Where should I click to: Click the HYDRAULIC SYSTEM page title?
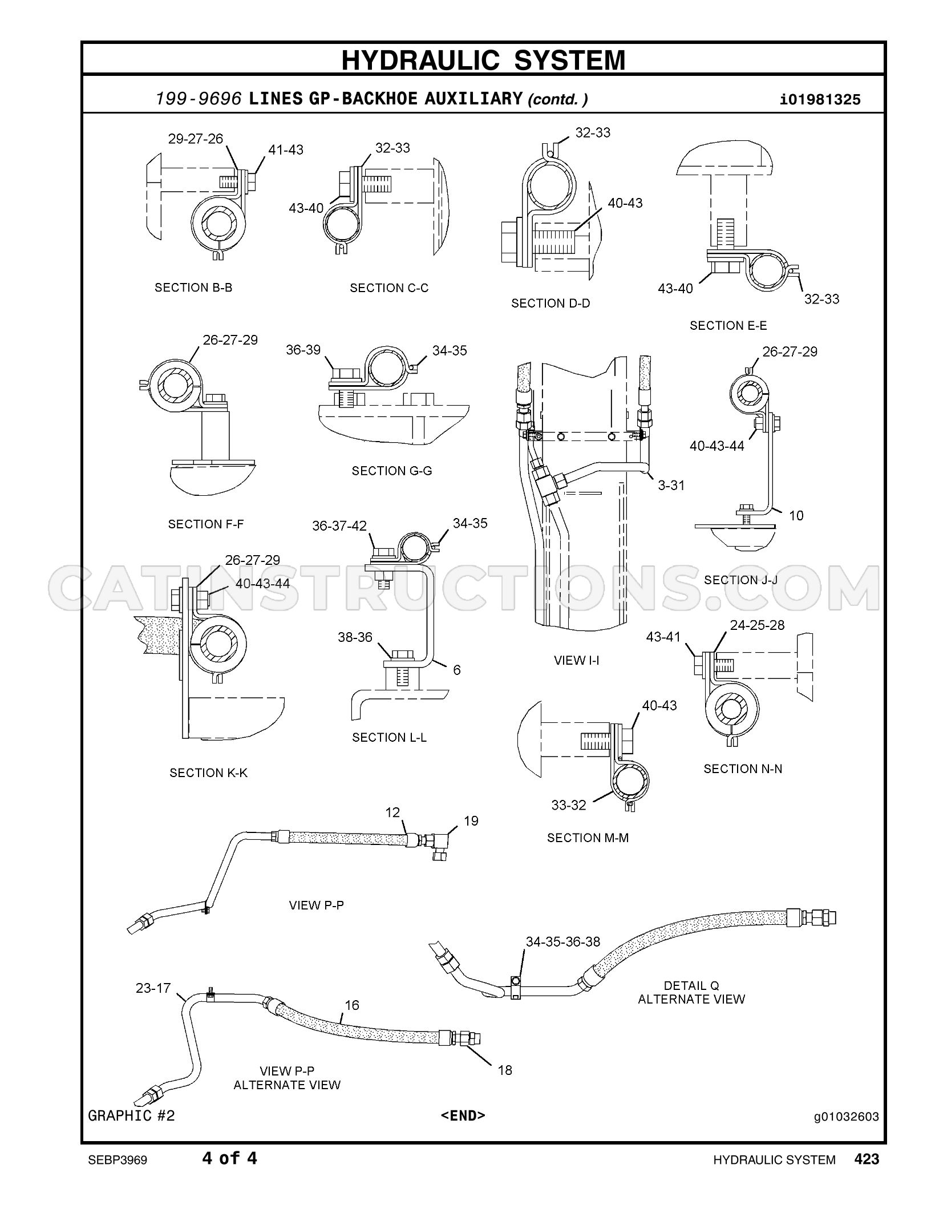coord(483,60)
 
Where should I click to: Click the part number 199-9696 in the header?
coord(198,99)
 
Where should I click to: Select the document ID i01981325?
coord(820,100)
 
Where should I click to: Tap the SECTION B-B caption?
coord(193,288)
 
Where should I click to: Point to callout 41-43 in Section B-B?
coord(286,149)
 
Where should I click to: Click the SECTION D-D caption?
coord(550,304)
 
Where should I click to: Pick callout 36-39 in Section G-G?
coord(303,350)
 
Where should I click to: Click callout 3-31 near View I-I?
coord(671,485)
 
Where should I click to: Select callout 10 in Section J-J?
coord(796,515)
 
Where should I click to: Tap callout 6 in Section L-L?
coord(456,670)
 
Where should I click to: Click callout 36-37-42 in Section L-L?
coord(339,525)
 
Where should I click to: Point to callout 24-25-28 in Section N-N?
coord(758,625)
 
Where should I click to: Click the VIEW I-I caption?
coord(577,661)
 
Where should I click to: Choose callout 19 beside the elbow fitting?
coord(471,821)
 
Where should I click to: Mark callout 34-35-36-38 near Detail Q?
coord(563,942)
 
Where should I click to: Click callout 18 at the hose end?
coord(505,1070)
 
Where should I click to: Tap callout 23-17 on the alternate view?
coord(153,988)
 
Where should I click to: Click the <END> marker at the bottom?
coord(463,1115)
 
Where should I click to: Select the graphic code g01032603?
coord(847,1117)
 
